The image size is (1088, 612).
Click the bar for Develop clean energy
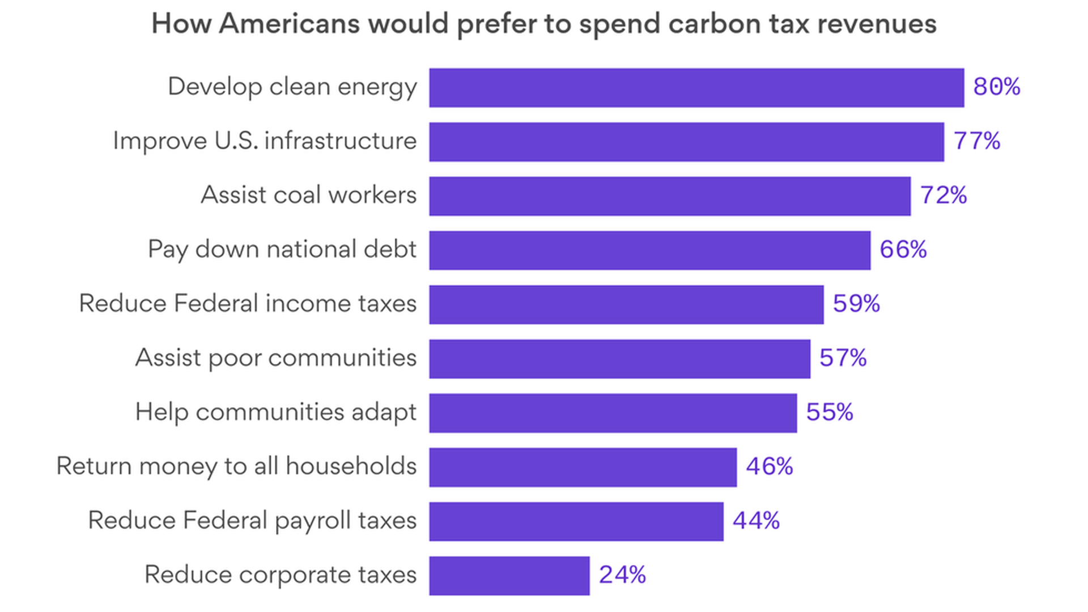tap(696, 88)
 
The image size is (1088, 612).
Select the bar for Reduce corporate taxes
tap(509, 576)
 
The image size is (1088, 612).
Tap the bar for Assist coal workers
tap(670, 196)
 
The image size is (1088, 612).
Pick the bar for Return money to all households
tap(583, 467)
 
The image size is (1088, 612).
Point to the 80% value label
tap(997, 87)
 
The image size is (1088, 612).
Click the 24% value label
tap(622, 575)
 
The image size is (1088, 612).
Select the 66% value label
tap(903, 250)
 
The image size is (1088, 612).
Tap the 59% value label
tap(856, 304)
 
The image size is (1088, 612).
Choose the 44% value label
tap(756, 521)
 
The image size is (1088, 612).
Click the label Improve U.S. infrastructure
tap(265, 141)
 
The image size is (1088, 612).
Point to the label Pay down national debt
tap(282, 250)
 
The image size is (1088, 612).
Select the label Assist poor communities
tap(276, 358)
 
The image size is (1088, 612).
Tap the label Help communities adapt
tap(276, 413)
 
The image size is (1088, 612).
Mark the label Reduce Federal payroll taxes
tap(252, 521)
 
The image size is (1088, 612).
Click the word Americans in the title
tap(290, 24)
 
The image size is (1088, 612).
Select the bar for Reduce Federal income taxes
tap(626, 305)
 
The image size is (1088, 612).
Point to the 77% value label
tap(977, 141)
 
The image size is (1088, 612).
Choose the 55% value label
tap(830, 413)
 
